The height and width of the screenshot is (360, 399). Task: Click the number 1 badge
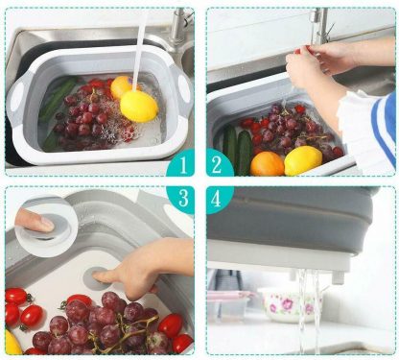[x=182, y=164]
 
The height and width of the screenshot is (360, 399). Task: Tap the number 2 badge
[x=218, y=164]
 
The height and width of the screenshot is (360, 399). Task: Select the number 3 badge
[x=182, y=198]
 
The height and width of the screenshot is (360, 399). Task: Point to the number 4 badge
[x=218, y=199]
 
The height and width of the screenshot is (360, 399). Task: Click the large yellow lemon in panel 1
[x=139, y=107]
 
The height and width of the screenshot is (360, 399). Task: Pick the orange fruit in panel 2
[x=268, y=164]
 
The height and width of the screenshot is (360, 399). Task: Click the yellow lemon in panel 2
[x=303, y=160]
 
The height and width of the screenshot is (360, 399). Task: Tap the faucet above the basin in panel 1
[x=179, y=27]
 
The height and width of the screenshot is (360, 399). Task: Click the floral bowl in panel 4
[x=293, y=305]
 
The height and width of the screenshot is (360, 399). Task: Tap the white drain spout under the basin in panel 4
[x=338, y=277]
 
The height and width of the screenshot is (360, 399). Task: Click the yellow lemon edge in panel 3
[x=12, y=343]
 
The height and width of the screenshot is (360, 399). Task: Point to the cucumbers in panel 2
[x=238, y=150]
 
